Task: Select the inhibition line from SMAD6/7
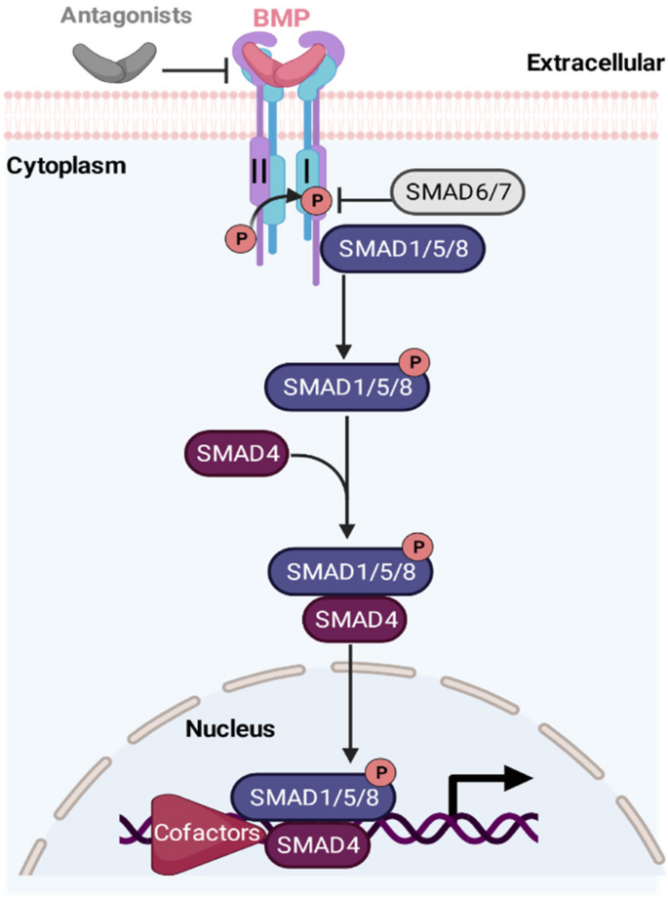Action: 362,203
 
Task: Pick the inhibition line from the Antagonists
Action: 195,69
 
